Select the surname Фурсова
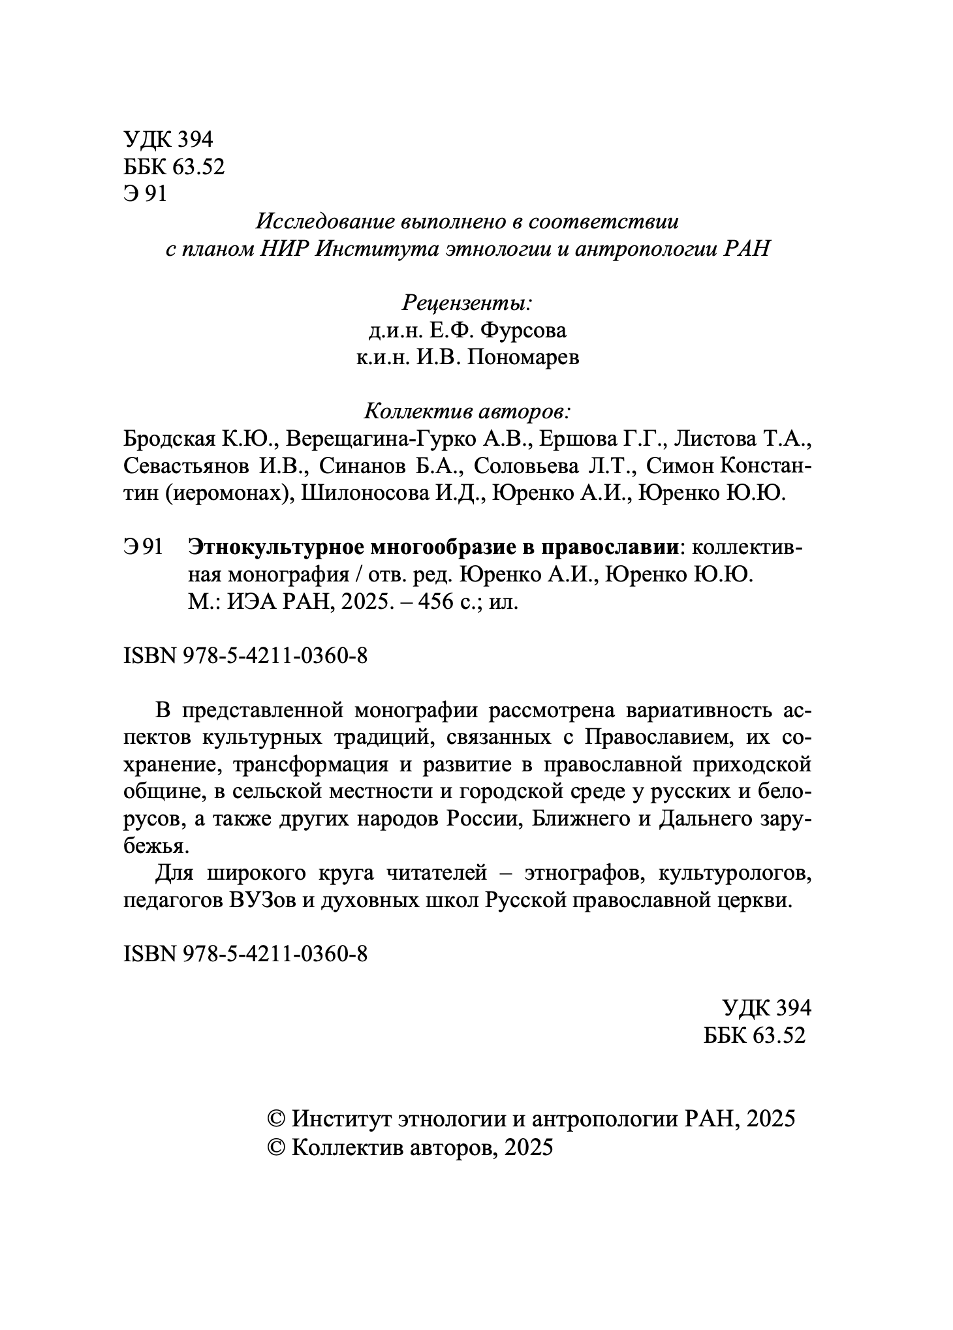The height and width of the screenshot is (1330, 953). click(523, 331)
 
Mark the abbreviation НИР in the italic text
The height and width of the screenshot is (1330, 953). click(284, 249)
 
